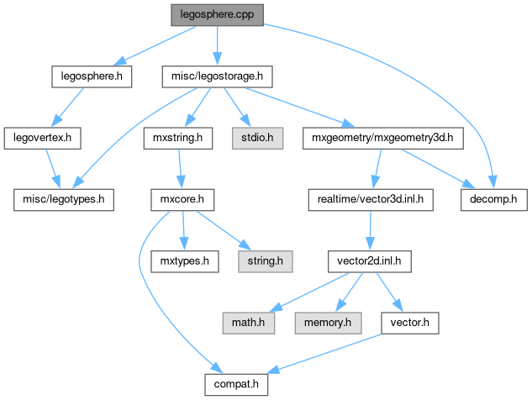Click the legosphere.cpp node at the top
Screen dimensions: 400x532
(x=217, y=15)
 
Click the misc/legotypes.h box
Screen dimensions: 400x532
(x=63, y=199)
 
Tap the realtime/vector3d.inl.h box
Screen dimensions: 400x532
(x=371, y=199)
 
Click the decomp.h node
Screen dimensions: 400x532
(x=493, y=199)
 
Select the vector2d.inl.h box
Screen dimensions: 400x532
(x=371, y=261)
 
